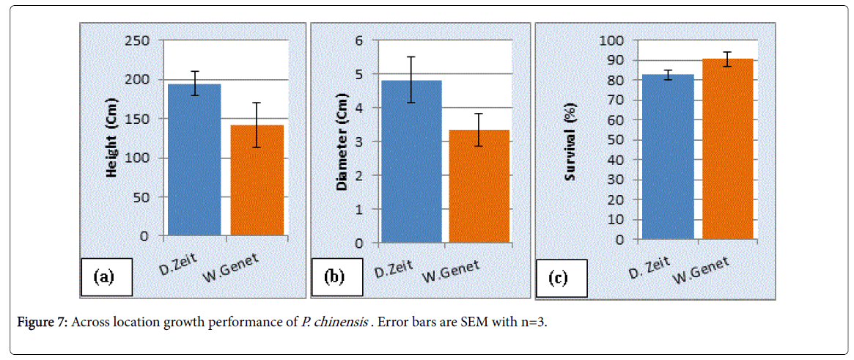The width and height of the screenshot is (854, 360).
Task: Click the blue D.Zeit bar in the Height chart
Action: [x=194, y=161]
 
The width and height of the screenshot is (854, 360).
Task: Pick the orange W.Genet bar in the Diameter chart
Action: [x=479, y=187]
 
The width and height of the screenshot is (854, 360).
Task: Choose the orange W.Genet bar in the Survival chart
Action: [x=728, y=150]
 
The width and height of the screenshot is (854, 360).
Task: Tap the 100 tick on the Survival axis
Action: [x=611, y=40]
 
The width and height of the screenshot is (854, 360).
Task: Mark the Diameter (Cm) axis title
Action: [x=342, y=143]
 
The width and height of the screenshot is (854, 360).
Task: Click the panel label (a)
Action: [x=104, y=276]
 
